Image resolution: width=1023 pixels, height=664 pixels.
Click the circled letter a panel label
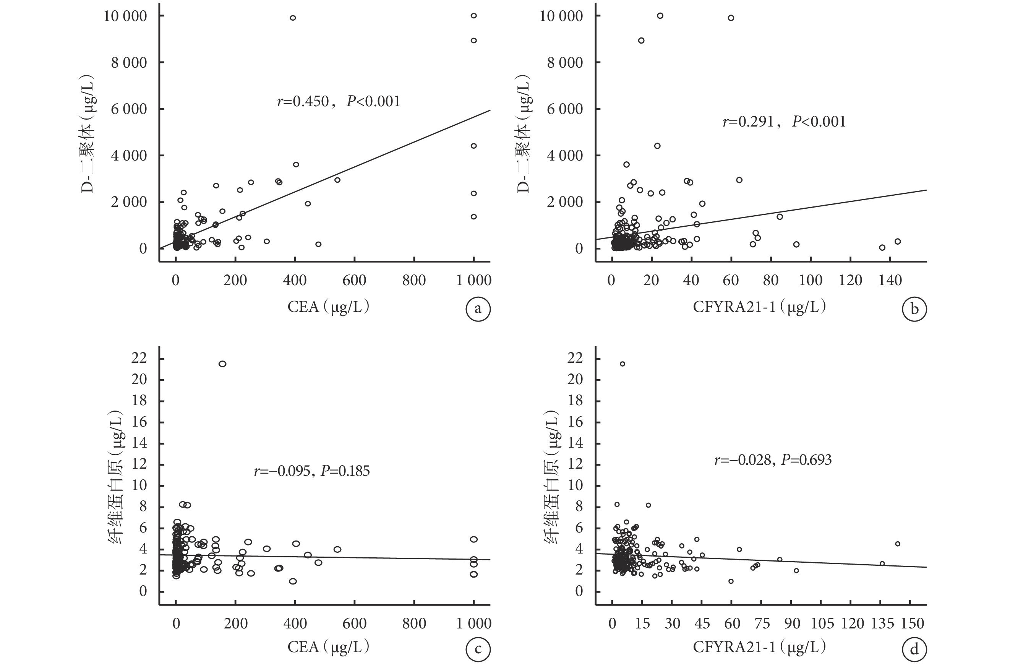tap(478, 309)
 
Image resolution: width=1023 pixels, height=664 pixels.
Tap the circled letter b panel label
tap(914, 309)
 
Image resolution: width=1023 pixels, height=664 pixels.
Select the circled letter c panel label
tap(478, 649)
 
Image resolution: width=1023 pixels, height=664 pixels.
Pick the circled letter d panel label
tap(914, 649)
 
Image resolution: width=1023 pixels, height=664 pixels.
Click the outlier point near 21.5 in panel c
tap(222, 364)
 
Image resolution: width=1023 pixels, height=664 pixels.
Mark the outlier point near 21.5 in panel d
tap(622, 364)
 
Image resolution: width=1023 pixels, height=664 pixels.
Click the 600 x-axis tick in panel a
tap(354, 281)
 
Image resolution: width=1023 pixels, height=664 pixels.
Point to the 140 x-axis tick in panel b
tap(890, 281)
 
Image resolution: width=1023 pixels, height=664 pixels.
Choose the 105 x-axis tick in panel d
tap(822, 623)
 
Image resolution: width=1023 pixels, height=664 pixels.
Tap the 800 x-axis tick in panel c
tap(414, 623)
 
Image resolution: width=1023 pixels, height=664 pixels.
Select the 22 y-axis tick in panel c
tap(140, 358)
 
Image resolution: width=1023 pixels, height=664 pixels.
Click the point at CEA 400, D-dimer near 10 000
tap(293, 18)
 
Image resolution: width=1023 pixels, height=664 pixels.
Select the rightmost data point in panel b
tap(898, 242)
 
